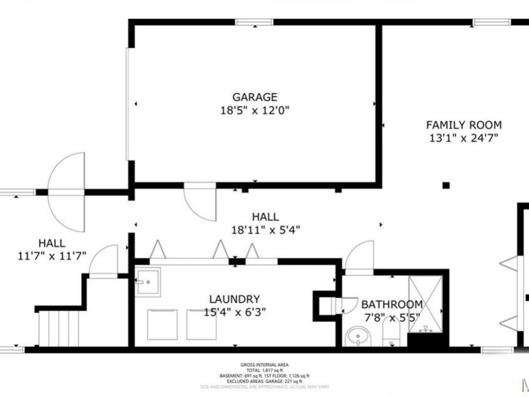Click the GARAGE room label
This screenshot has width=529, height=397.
(254, 97)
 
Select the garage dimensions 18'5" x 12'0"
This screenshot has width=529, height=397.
(254, 110)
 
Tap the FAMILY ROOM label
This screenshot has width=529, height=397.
(464, 125)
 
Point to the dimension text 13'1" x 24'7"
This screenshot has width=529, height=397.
(464, 138)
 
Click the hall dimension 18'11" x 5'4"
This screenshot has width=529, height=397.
(265, 230)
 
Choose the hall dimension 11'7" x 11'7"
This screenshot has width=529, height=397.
(52, 256)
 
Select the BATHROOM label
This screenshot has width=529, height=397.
(391, 305)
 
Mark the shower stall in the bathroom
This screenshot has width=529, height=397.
(425, 304)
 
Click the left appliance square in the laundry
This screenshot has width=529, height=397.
(162, 325)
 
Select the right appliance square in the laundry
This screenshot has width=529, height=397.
(202, 325)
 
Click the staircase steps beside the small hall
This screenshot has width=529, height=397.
(59, 329)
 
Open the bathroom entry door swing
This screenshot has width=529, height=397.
(359, 257)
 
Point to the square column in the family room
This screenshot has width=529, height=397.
(446, 185)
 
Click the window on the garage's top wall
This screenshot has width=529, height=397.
(255, 22)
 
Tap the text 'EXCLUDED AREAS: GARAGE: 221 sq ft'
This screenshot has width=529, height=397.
(264, 381)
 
